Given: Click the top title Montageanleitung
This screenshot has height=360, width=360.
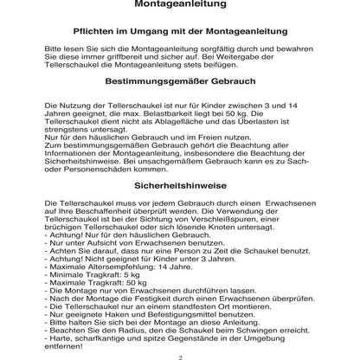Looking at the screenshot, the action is (x=180, y=5).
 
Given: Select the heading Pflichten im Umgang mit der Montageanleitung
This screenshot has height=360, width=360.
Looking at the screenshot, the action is (x=180, y=31).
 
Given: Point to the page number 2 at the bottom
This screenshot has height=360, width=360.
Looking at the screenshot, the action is (x=180, y=356).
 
